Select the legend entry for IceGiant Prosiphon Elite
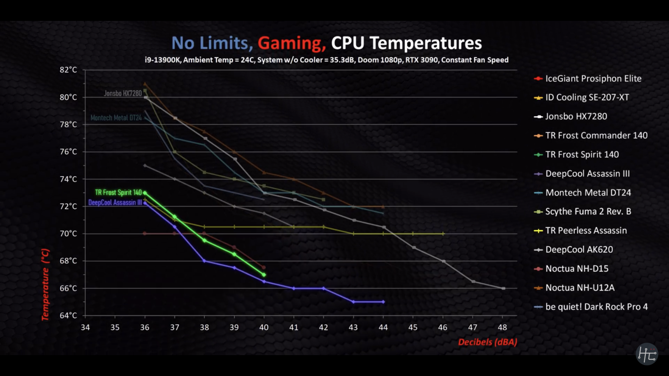pos(593,79)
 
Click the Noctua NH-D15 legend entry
pos(577,269)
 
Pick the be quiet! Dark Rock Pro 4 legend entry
pos(596,307)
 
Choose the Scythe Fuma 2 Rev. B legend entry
pos(588,212)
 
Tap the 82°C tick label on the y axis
pos(68,70)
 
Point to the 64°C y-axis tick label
pos(68,315)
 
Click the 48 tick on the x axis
pos(502,327)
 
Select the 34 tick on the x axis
pos(85,327)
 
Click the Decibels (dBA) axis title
pos(487,342)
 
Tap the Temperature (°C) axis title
pos(45,284)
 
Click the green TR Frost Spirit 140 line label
pos(118,193)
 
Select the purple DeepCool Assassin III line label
pos(115,203)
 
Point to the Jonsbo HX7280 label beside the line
pos(123,93)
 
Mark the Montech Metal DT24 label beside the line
pos(116,118)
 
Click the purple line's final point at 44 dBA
pos(383,302)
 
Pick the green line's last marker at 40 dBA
pos(264,275)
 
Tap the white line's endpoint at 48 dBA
pos(503,288)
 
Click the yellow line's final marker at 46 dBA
pos(443,234)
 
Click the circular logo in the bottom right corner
pos(647,354)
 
